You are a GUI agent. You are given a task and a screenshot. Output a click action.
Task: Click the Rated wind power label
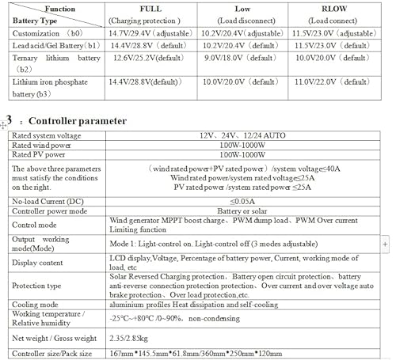[40, 146]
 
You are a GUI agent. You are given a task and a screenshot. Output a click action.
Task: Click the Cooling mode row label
[38, 301]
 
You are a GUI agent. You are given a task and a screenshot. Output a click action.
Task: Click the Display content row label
[40, 261]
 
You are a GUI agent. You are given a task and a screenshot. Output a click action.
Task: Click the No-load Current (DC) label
[50, 202]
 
